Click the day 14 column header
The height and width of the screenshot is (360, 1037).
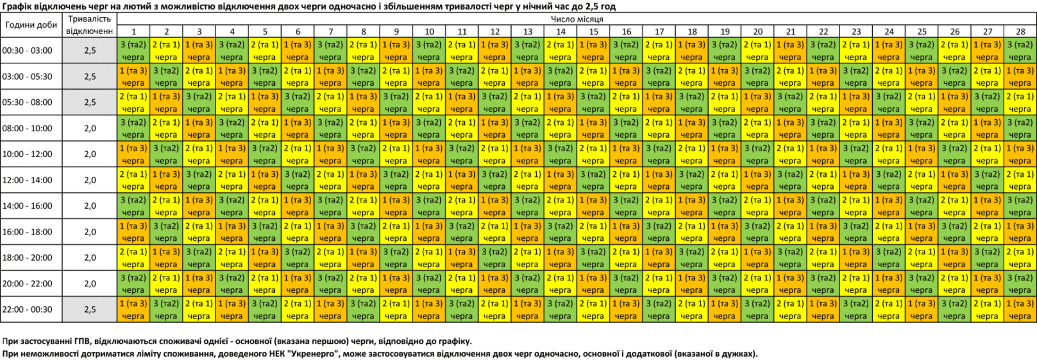561,32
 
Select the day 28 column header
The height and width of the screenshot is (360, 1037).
1020,32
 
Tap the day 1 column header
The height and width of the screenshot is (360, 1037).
134,32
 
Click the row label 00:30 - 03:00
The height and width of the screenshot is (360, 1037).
27,51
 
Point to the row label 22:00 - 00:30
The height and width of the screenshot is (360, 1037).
27,309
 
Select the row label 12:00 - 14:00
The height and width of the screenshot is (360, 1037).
27,180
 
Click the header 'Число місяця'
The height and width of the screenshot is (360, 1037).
577,19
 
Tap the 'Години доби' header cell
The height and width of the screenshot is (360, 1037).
31,25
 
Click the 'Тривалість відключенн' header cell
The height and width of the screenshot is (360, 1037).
89,25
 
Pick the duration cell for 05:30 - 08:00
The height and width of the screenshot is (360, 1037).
90,102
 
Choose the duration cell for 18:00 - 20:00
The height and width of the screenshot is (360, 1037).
90,257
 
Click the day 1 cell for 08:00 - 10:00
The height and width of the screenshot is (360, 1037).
134,128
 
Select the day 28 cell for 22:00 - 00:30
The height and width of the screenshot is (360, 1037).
1020,309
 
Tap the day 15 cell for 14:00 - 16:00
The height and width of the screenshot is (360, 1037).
593,206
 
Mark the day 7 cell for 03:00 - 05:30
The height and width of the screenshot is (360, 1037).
331,77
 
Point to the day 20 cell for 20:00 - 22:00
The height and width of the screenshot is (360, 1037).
758,283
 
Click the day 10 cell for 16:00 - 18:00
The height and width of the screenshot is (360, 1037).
429,232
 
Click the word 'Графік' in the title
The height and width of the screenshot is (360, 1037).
14,6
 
